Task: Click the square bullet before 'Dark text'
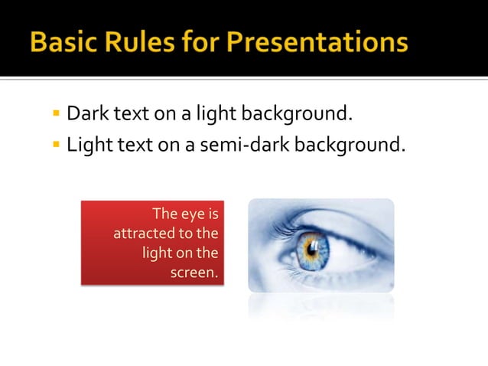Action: [x=56, y=116]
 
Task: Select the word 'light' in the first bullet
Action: [x=216, y=115]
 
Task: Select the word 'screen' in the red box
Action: [x=193, y=271]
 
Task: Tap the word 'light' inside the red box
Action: [x=158, y=252]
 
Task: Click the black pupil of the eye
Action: [x=313, y=247]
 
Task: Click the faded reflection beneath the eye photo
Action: [x=321, y=306]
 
